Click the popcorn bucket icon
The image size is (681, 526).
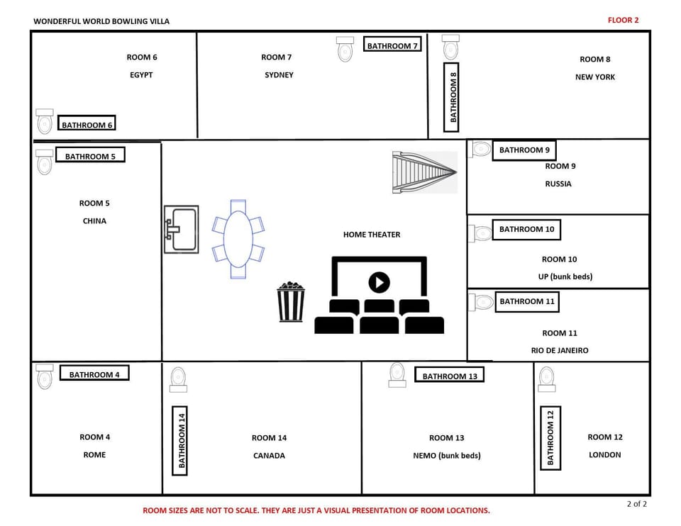pos(290,303)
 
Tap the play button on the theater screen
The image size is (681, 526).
pos(380,282)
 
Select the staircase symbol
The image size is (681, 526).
pos(424,172)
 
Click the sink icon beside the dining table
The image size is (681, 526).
pos(181,229)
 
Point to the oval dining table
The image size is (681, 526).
pos(238,238)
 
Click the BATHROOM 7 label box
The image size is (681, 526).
pos(392,45)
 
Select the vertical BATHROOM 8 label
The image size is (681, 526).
pos(453,96)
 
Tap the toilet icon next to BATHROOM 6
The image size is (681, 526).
pos(45,122)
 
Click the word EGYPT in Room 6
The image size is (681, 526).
pos(141,75)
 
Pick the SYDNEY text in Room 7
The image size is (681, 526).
pos(279,75)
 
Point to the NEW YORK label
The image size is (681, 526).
pos(594,77)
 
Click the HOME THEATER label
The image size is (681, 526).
pos(372,235)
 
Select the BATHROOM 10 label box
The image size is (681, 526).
pos(526,230)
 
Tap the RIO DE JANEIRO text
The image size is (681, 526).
pos(560,350)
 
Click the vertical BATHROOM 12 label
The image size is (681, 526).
pos(550,438)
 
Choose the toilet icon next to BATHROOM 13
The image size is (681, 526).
pos(397,374)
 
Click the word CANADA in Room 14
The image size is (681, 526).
pos(269,456)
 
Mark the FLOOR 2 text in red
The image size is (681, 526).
pos(623,20)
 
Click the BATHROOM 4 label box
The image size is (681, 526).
pos(94,374)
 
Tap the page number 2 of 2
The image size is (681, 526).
pos(636,504)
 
